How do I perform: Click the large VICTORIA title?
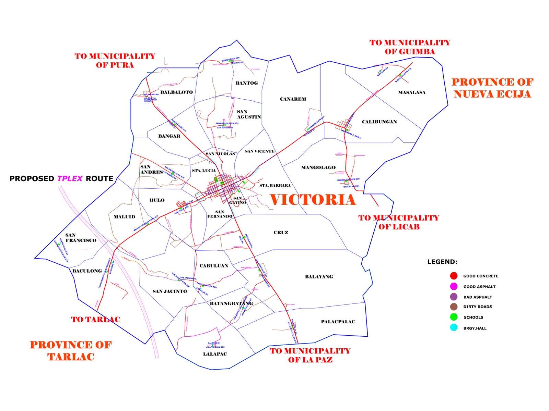tap(313, 200)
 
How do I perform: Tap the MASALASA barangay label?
tap(412, 92)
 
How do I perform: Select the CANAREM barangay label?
tap(293, 99)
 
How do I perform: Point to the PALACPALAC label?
tap(338, 322)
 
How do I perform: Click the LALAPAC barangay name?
tap(215, 354)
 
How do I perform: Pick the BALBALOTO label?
tap(176, 92)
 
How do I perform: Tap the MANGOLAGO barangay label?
tap(318, 168)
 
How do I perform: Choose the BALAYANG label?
tap(319, 277)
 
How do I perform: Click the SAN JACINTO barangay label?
tap(170, 291)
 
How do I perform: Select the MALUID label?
tap(124, 217)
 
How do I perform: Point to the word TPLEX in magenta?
tap(70, 179)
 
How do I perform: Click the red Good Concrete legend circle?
tap(454, 276)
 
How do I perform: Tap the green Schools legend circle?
tap(454, 317)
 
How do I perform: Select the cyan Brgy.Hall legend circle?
tap(454, 328)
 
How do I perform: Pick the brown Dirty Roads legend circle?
tap(454, 307)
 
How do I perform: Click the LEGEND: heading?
tap(442, 262)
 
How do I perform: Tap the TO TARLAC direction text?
tap(95, 320)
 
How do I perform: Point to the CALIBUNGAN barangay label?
tap(379, 122)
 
